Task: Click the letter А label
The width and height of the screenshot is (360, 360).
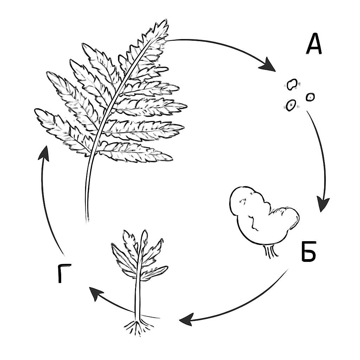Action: tap(314, 44)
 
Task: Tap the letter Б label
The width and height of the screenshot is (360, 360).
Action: tap(309, 251)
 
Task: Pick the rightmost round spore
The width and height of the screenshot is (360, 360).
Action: tap(310, 97)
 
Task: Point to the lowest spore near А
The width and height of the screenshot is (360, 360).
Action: tap(291, 105)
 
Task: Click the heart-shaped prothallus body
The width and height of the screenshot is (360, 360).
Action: tap(262, 216)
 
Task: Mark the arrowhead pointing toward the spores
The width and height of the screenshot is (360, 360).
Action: tap(268, 65)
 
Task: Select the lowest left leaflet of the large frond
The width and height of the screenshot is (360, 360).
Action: tap(62, 131)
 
